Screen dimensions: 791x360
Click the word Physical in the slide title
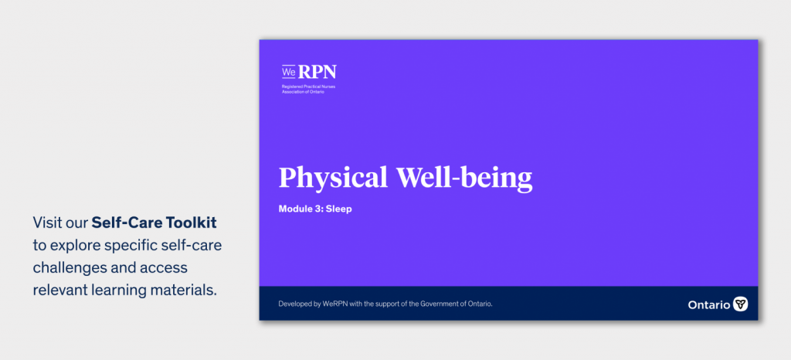(334, 178)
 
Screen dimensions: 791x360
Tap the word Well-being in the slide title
(464, 177)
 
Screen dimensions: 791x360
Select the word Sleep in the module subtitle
(338, 209)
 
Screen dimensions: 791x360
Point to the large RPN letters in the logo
(317, 72)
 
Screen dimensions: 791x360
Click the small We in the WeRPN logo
(288, 72)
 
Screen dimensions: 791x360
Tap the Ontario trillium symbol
(740, 304)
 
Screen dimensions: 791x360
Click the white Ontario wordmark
(709, 304)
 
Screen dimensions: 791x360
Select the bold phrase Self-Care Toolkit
(154, 222)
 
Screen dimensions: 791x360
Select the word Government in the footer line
(439, 304)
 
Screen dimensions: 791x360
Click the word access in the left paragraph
(165, 268)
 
